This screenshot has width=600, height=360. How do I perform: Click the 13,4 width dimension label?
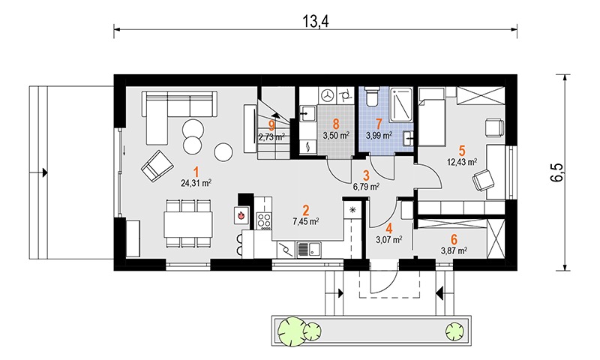tap(316, 22)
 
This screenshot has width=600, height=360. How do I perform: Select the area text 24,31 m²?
tap(196, 183)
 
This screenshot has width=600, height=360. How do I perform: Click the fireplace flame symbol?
tap(241, 215)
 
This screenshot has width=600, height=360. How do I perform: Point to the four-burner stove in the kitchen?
tap(264, 220)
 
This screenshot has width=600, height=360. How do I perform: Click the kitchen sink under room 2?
tap(309, 250)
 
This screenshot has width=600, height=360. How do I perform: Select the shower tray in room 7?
tap(401, 105)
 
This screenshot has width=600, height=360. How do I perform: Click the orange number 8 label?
tap(336, 124)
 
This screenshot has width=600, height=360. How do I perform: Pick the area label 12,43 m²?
tap(462, 162)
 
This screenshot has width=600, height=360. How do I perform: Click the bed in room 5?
tap(432, 116)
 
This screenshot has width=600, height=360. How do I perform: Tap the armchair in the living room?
tap(157, 166)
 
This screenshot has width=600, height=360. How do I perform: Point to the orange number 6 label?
tap(454, 240)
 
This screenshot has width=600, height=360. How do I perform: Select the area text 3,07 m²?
tap(389, 240)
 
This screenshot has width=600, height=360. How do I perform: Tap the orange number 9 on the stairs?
tap(271, 124)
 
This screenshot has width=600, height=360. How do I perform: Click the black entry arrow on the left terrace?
tap(45, 172)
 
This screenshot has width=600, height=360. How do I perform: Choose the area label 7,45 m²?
tap(306, 221)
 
